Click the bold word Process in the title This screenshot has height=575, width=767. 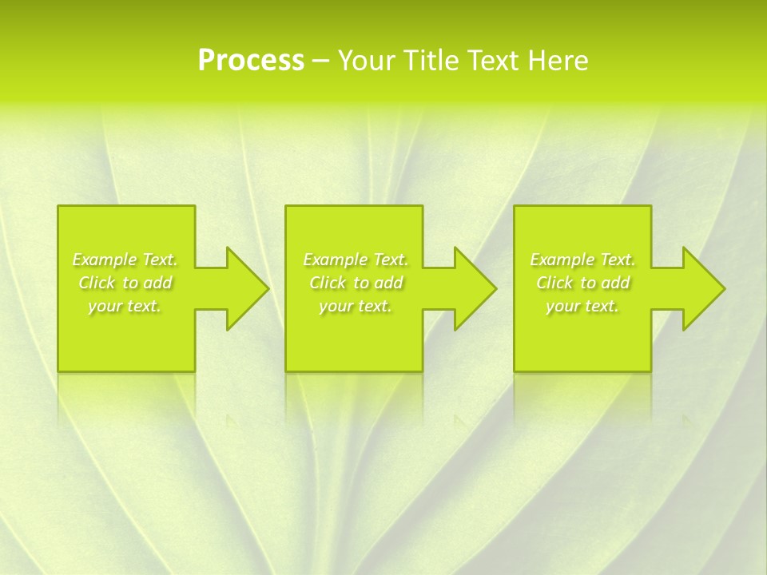click(251, 61)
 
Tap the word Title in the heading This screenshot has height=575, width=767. click(430, 61)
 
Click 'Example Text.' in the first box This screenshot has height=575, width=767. click(125, 260)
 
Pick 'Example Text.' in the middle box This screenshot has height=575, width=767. click(356, 260)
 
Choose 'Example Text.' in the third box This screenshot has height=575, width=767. click(582, 260)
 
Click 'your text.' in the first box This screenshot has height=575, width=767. click(125, 306)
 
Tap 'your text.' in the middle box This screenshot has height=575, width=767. click(356, 306)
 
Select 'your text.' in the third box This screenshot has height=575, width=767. click(582, 306)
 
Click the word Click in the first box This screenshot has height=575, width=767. click(97, 283)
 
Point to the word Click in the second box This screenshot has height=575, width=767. click(328, 283)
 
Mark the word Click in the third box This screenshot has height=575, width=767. click(554, 283)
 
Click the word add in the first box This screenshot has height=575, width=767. click(158, 283)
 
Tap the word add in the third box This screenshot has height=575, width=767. click(616, 283)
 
